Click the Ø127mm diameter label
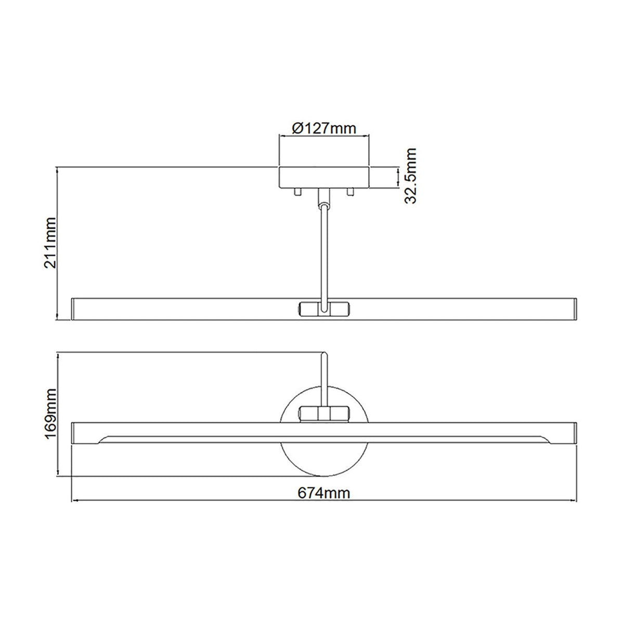pos(324,128)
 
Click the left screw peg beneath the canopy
pos(297,192)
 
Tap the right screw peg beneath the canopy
pos(351,192)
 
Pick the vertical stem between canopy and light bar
pos(324,250)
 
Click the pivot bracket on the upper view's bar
pos(324,308)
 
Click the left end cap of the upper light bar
pos(73,308)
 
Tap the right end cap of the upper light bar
pos(575,308)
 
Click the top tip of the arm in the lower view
pos(324,356)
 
